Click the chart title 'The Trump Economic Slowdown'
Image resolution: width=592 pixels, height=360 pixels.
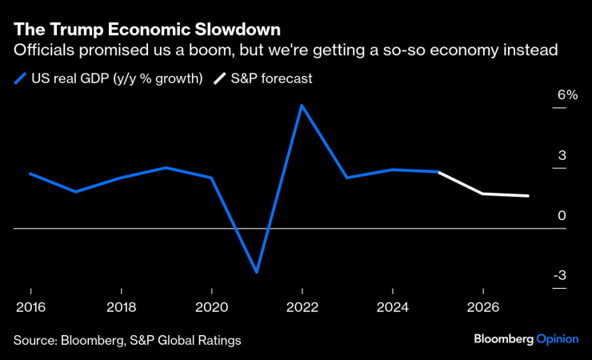146,30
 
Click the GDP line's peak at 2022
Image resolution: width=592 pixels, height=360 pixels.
302,105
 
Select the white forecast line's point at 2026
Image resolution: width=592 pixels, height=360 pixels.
482,194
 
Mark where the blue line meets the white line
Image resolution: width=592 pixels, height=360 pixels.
438,172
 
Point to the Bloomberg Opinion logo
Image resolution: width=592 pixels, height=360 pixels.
525,339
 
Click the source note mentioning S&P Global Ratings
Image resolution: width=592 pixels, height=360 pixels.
126,340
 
